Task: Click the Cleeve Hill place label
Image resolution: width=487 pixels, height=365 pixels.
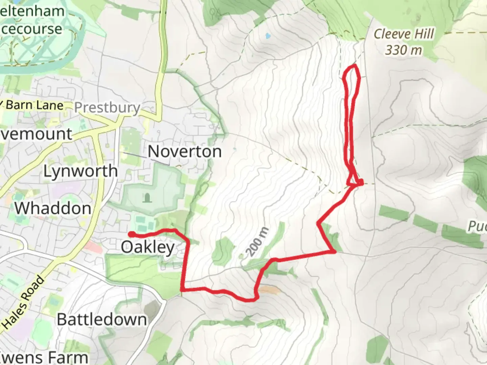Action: pos(404,34)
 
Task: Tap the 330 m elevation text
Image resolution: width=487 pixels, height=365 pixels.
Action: pos(404,50)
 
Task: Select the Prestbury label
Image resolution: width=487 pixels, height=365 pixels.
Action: pos(107,108)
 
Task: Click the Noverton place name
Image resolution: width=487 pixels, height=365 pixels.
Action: pos(185,151)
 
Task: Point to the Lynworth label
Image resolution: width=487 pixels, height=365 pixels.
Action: pos(80,171)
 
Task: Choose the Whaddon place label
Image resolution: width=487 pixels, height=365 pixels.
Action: pos(53,208)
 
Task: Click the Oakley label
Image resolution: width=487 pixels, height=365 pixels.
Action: pos(148,247)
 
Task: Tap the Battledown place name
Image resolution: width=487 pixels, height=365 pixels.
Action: pos(102,319)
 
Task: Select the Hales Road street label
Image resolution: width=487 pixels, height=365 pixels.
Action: pos(24,302)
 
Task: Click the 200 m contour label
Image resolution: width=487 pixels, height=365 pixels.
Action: pos(258,242)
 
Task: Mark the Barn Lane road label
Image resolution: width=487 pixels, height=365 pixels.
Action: pos(34,105)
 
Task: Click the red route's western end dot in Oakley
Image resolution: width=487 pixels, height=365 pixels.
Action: pos(130,234)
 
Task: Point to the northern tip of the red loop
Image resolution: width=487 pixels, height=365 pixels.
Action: pos(354,65)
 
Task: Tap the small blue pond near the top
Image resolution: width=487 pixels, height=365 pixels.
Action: pos(268,35)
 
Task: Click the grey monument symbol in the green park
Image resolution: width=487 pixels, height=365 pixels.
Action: pos(147,197)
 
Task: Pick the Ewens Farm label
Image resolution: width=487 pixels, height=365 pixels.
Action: pos(44,358)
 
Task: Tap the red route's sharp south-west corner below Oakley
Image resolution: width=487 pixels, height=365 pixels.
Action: pos(183,290)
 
